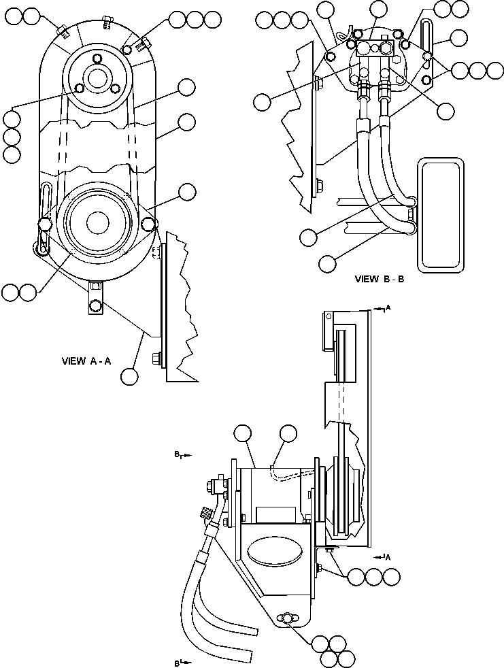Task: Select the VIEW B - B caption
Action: pos(380,279)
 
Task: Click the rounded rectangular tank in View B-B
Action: pos(441,214)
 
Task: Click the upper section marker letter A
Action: pos(387,310)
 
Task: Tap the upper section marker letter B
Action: pos(178,453)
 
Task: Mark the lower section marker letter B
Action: pos(178,661)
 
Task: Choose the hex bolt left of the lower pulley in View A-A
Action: pos(46,224)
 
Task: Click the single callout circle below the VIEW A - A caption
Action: pos(129,375)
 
